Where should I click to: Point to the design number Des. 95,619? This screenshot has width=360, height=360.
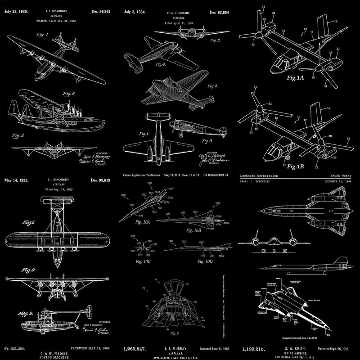click(x=106, y=180)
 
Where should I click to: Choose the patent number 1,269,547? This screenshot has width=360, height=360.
click(x=137, y=349)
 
